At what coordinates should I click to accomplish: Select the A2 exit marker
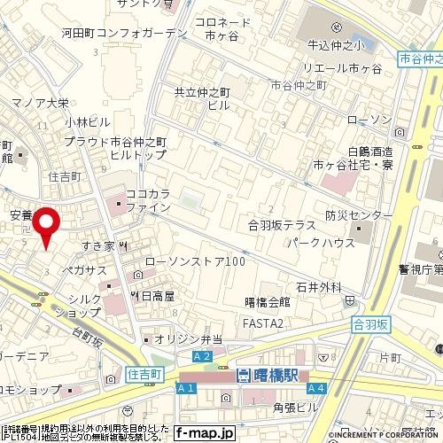pos(203,356)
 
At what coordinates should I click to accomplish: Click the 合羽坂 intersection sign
pos(371,324)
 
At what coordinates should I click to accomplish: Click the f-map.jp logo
pos(204,433)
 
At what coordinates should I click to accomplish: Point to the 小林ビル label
pos(87,121)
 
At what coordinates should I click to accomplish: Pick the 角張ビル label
pos(295,407)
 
